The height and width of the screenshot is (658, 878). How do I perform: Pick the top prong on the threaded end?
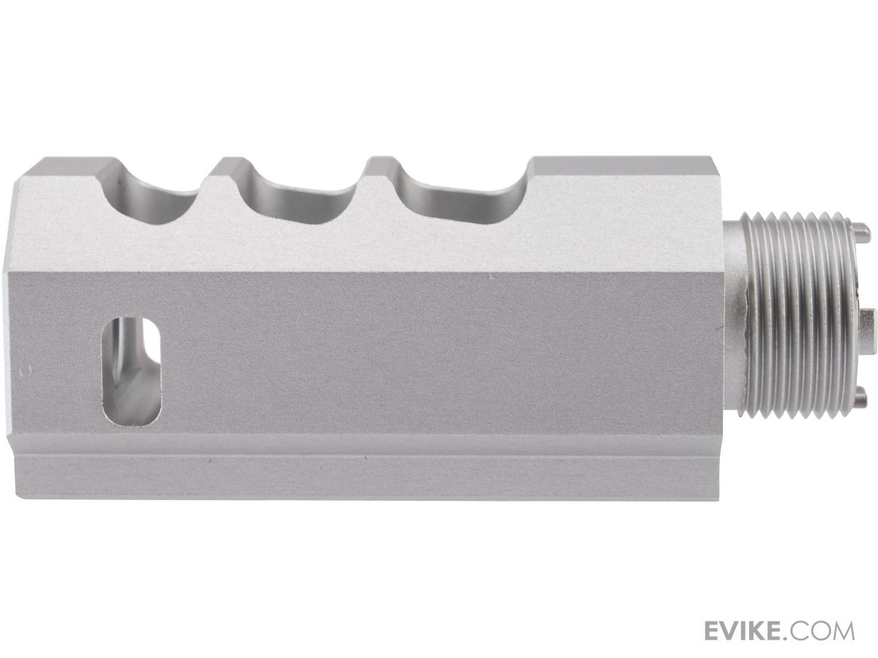859,231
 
